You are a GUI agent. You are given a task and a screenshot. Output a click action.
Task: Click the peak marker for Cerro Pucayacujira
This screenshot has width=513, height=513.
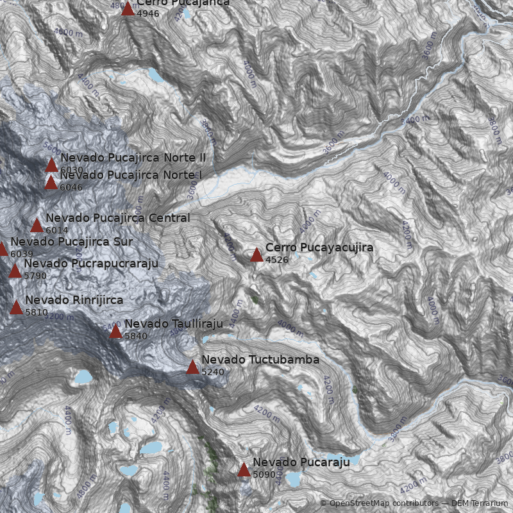256,255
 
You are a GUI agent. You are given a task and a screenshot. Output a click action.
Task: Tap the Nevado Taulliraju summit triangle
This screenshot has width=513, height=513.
115,331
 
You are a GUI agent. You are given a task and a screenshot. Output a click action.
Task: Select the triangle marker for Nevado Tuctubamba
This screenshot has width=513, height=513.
192,367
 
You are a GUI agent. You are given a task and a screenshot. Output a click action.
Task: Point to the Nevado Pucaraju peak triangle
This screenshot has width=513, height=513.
244,469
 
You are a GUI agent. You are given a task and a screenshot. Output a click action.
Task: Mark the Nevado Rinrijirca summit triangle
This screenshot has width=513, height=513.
17,307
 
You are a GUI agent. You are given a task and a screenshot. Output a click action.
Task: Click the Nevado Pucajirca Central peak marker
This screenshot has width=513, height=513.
37,225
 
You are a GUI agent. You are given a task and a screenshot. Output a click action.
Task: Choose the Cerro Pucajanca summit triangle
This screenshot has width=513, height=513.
128,8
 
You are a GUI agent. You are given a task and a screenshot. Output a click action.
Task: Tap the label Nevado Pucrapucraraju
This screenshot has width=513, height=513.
90,264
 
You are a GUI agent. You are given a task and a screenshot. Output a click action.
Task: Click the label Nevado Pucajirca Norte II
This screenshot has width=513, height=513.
133,158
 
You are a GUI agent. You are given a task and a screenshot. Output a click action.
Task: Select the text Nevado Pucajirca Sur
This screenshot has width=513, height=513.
71,242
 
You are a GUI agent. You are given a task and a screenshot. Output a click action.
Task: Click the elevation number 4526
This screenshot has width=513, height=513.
277,260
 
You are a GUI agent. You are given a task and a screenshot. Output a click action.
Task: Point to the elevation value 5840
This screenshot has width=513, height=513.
136,336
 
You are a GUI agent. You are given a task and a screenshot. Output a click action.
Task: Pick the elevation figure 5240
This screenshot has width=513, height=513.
213,372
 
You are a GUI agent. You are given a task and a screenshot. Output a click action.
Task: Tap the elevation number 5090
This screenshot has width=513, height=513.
264,475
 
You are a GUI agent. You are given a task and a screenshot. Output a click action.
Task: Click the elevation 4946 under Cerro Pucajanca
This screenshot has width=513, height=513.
148,13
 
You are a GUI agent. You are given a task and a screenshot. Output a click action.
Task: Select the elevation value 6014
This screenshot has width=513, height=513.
57,230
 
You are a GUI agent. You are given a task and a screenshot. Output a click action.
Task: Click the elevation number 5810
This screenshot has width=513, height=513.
37,312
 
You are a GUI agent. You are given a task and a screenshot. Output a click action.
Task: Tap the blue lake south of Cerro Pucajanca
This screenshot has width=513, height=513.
156,76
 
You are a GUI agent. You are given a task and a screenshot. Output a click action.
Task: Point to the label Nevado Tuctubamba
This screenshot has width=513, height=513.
260,360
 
